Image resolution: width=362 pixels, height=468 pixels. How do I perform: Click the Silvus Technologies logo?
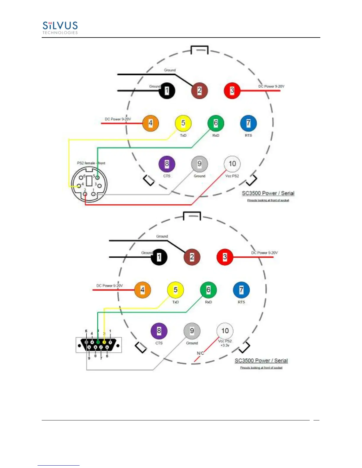(60, 28)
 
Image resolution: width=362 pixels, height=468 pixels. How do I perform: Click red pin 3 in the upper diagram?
(232, 90)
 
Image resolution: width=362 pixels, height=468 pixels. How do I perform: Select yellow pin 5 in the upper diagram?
(183, 123)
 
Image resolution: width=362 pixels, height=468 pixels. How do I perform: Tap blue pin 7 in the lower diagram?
(241, 290)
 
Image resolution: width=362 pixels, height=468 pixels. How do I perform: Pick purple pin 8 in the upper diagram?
(167, 164)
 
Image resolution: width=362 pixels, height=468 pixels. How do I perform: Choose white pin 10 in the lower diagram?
(225, 331)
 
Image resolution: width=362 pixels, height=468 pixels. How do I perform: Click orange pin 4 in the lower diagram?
(143, 290)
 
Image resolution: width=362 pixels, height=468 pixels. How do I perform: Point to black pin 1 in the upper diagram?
(167, 90)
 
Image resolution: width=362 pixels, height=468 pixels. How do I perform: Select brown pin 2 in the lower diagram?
(192, 257)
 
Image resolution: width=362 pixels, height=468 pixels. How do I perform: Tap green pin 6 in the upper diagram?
(216, 123)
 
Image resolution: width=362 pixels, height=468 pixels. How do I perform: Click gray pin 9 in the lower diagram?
(192, 331)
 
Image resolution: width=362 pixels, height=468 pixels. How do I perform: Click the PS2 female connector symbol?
(89, 184)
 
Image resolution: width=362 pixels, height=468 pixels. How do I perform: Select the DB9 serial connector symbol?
(98, 344)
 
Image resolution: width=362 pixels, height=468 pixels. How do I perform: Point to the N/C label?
(200, 353)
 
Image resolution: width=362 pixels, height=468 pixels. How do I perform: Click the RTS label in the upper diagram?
(248, 135)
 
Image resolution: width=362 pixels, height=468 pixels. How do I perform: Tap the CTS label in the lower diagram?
(159, 343)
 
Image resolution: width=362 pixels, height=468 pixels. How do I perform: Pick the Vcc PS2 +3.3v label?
(225, 343)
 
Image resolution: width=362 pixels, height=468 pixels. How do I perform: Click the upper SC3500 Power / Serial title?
(268, 193)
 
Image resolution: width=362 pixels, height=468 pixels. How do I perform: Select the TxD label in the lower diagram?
(175, 302)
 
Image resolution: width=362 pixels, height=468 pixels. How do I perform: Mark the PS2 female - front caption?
(91, 163)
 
